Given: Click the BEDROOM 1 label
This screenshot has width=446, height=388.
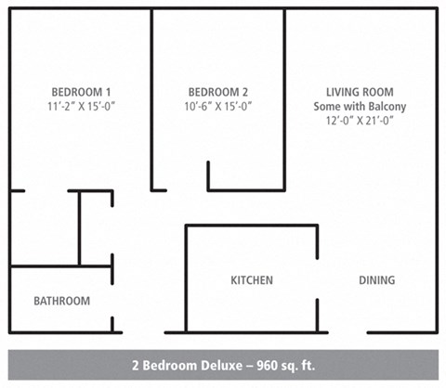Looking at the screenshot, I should click(81, 92).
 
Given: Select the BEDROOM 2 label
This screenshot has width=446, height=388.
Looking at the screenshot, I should click(218, 92).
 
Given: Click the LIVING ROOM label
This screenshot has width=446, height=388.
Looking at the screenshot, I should click(360, 92).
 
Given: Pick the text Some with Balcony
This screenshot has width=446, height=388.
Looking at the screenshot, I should click(360, 106).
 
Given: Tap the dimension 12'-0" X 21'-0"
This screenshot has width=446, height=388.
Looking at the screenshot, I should click(360, 121).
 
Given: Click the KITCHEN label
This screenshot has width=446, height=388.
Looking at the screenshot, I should click(252, 280).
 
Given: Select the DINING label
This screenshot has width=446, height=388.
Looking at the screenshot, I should click(376, 280).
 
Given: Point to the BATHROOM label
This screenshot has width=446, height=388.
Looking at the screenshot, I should click(62, 301).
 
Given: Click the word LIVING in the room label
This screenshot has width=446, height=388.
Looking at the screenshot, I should click(342, 92).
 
